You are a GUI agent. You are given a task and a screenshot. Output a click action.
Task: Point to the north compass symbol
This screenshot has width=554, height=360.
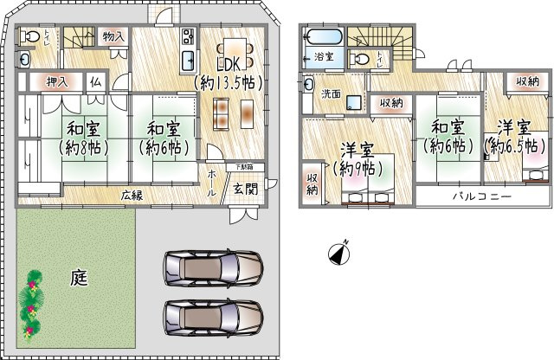click(338, 254)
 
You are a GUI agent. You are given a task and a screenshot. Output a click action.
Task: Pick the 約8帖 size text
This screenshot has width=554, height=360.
click(75, 147)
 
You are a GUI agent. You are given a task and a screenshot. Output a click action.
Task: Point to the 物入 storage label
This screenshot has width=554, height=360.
click(113, 36)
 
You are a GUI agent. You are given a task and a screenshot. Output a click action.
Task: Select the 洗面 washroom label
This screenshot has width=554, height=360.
click(332, 94)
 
